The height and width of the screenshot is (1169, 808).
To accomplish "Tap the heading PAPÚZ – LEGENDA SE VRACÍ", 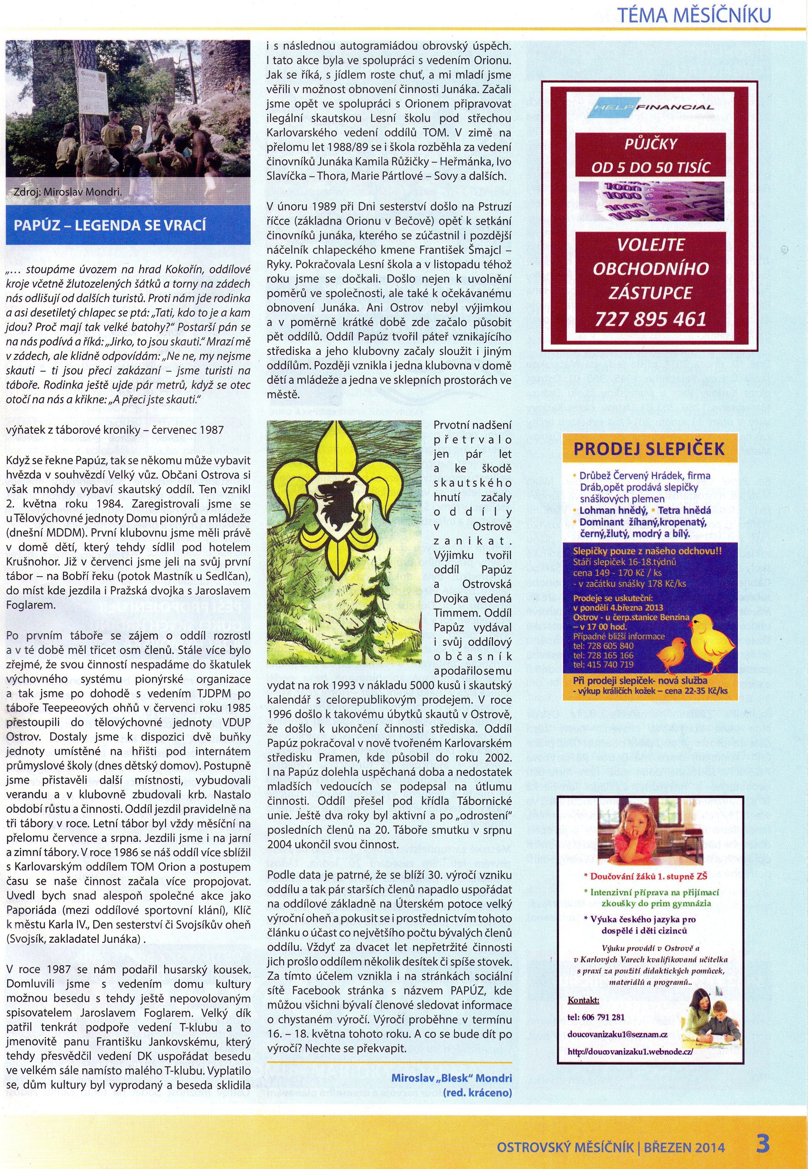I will tap(110, 225).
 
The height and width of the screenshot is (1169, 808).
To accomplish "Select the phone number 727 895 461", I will tap(650, 319).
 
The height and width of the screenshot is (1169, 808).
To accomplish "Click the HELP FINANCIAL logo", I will tap(650, 107).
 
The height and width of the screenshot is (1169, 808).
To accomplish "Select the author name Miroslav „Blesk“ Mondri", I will tap(451, 1078).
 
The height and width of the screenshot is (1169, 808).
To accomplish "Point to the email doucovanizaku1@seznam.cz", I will tap(610, 1034).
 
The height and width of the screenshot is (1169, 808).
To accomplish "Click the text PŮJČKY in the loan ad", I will tap(650, 144).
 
